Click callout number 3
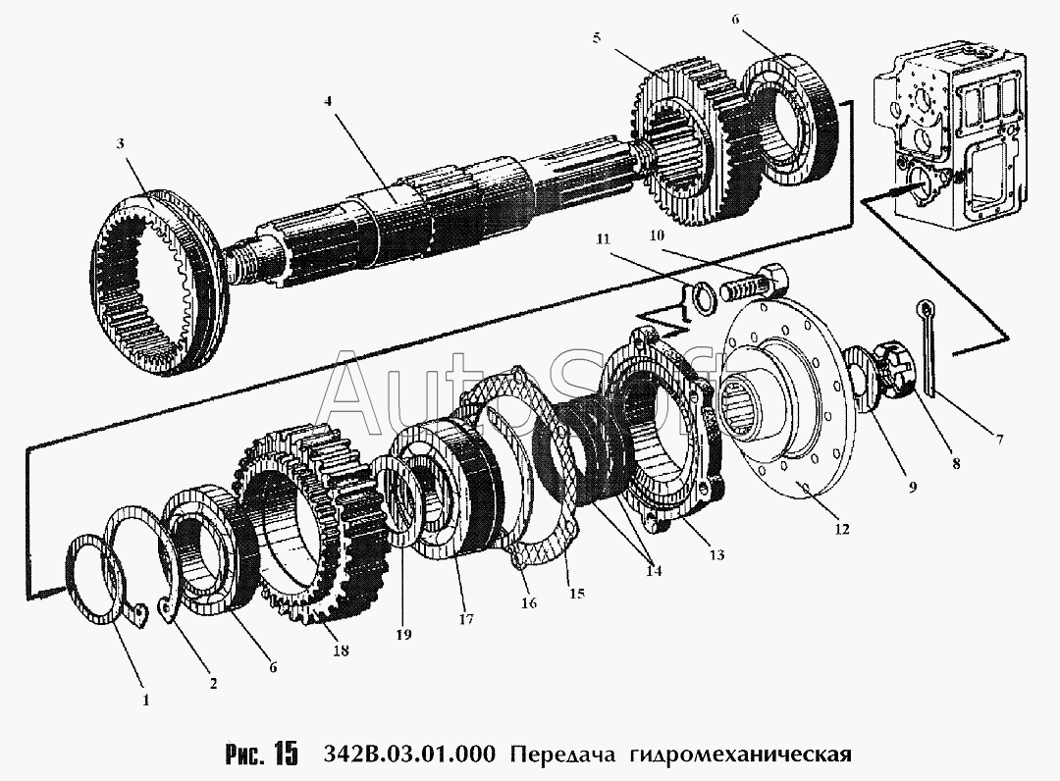[120, 143]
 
